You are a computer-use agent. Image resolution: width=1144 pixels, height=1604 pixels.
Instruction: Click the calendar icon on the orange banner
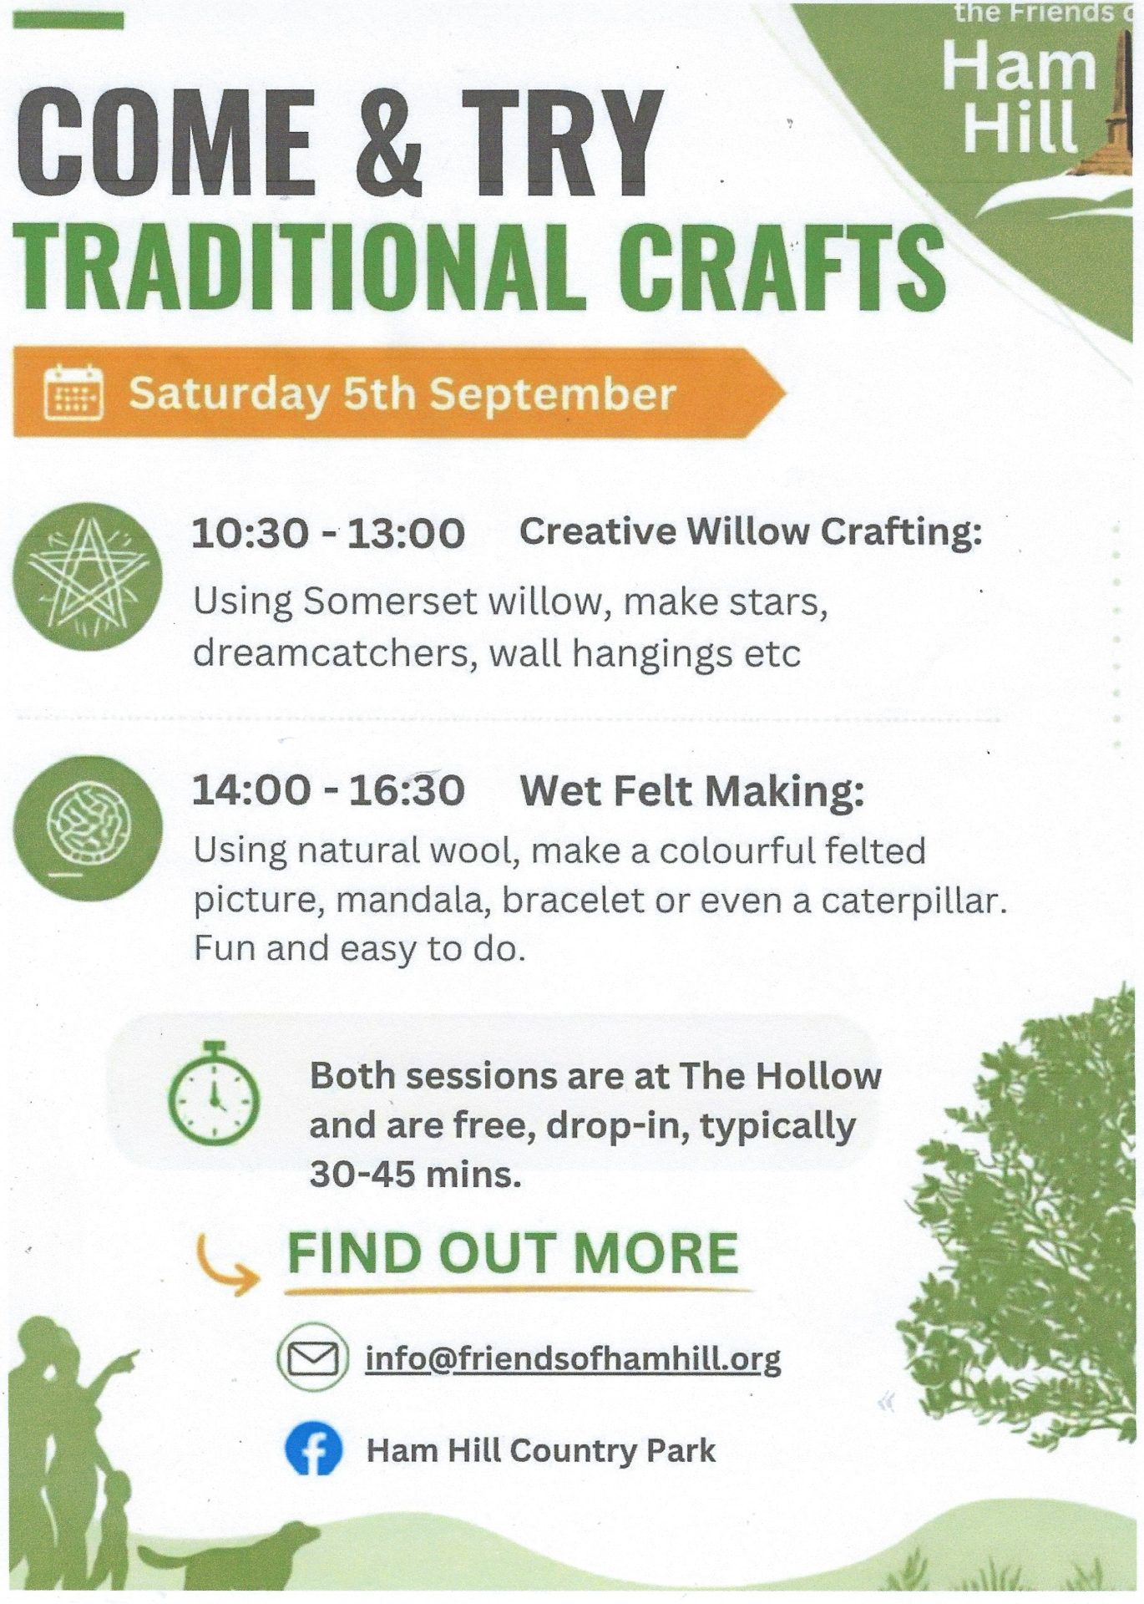click(x=73, y=393)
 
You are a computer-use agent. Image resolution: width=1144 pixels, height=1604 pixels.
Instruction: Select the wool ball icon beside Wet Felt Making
click(x=88, y=828)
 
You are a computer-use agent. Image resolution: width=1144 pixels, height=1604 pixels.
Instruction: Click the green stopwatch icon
click(x=214, y=1093)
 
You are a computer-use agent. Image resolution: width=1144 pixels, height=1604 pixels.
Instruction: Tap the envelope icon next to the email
click(x=312, y=1358)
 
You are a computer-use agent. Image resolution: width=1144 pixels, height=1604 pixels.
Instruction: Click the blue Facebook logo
click(x=313, y=1450)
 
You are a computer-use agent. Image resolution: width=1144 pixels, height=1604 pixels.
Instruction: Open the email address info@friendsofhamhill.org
click(x=573, y=1359)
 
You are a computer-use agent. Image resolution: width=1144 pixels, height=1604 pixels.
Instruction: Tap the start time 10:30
click(x=250, y=533)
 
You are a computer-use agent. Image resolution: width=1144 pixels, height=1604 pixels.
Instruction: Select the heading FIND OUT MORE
click(x=513, y=1253)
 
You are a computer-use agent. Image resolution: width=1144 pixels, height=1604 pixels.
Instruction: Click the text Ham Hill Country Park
click(x=541, y=1451)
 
